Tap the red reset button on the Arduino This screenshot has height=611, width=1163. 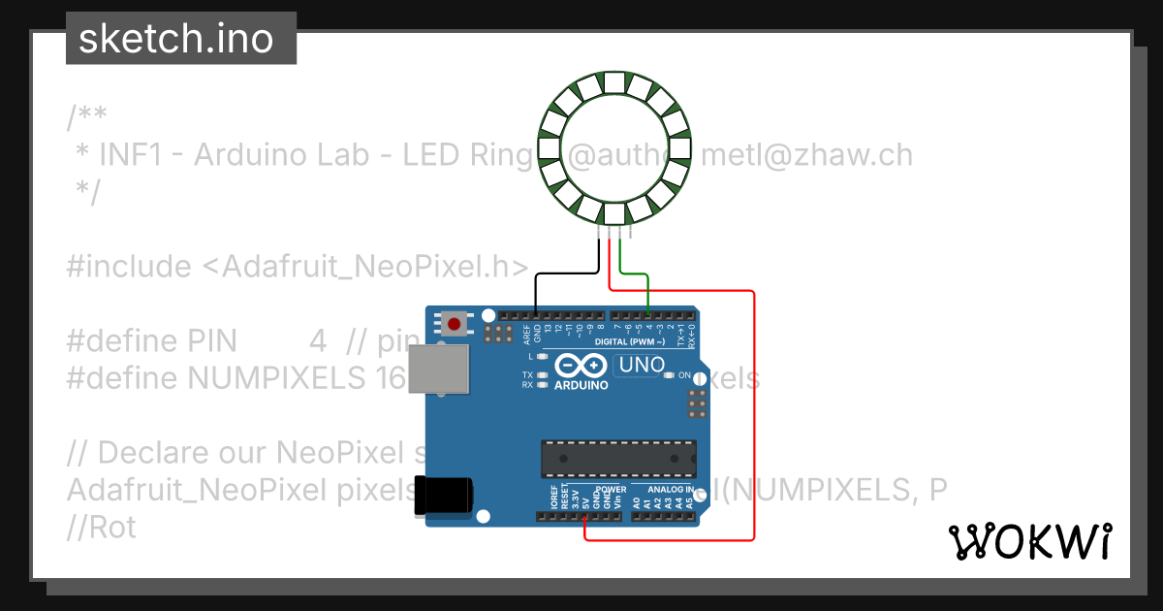pos(454,323)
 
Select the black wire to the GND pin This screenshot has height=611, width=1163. pos(567,274)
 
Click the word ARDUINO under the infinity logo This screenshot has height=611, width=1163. pos(581,385)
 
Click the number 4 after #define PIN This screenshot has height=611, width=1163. pos(318,341)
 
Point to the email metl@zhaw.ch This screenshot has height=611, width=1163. pos(806,155)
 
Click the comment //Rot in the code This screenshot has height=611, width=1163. pos(102,528)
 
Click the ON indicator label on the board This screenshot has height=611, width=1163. pos(684,375)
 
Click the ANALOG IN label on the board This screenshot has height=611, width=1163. pos(671,490)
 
